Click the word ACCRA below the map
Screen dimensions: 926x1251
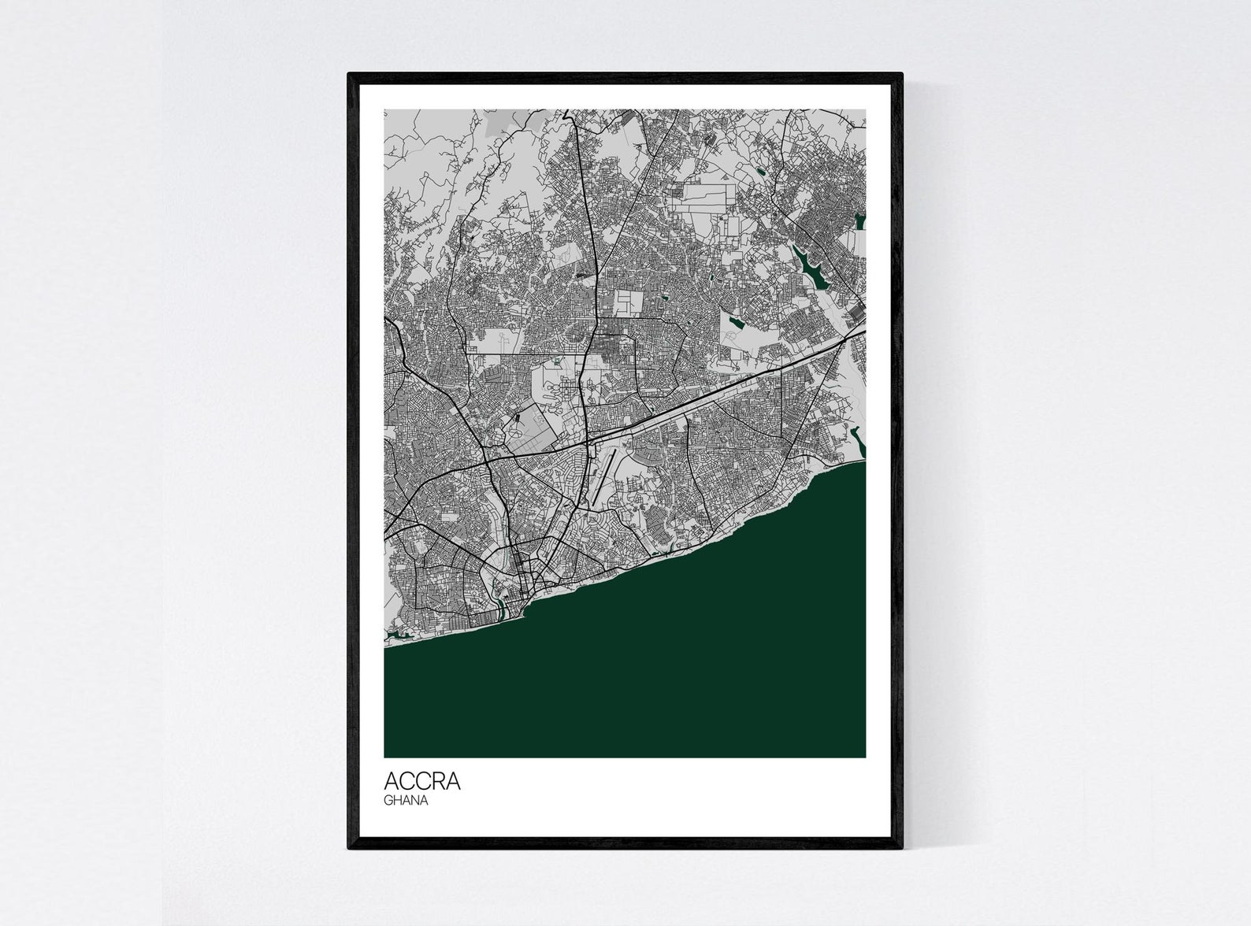(x=422, y=782)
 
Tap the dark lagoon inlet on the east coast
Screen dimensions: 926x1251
(x=858, y=441)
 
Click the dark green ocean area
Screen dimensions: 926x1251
(x=630, y=669)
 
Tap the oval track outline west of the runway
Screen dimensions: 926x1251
(x=515, y=425)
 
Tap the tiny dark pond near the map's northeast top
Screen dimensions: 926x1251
(x=761, y=169)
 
